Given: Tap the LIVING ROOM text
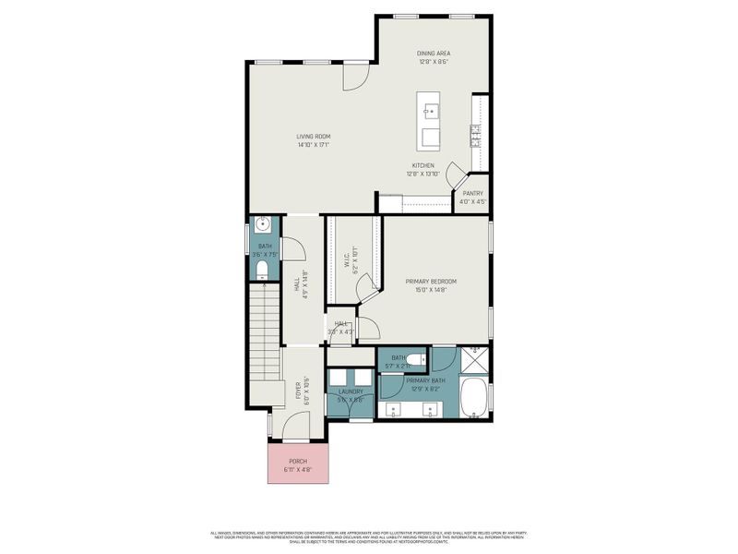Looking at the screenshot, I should (313, 136).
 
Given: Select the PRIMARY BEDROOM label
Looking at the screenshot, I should (431, 281).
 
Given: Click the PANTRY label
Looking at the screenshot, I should (472, 193).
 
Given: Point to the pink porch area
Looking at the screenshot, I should (297, 465).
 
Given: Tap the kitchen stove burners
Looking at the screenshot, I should (476, 137).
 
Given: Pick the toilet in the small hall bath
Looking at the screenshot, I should (262, 269).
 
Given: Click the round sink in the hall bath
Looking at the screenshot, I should (262, 224).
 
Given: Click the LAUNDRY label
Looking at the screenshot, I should (351, 391).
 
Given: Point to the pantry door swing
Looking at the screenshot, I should (455, 174).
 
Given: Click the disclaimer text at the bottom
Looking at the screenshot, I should (368, 536).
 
